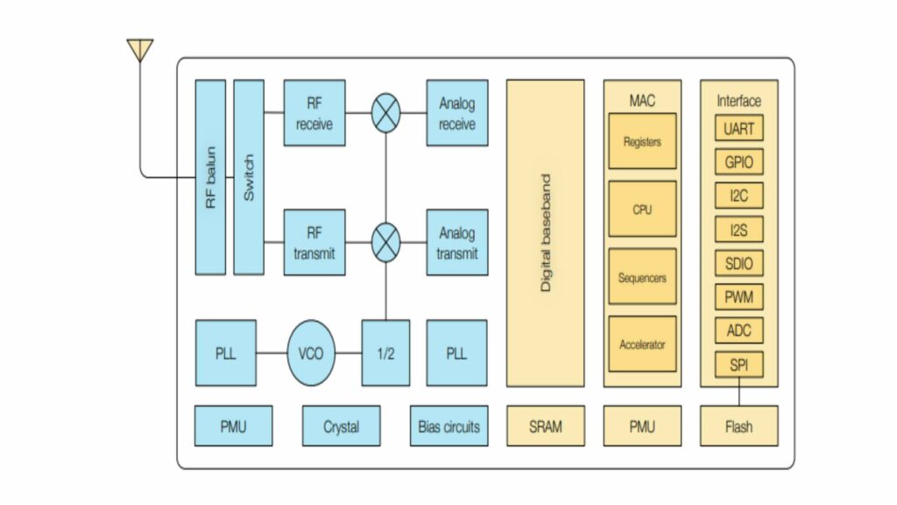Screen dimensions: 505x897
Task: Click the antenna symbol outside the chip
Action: point(140,49)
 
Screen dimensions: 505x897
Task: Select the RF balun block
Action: point(210,177)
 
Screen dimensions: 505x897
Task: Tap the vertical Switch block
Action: point(249,177)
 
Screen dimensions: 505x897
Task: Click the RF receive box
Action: point(314,113)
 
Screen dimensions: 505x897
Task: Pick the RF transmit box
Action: point(314,242)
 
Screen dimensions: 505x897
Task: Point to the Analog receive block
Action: point(456,113)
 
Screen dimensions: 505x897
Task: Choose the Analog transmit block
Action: point(456,242)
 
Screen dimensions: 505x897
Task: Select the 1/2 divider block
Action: point(385,353)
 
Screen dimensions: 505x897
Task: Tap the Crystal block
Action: point(341,426)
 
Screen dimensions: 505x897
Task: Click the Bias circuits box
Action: point(448,426)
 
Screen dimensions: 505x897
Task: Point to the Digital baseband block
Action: point(546,233)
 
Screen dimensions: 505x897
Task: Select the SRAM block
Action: point(546,426)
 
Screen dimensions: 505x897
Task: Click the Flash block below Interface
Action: point(738,426)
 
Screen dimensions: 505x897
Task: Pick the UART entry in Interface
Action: point(738,129)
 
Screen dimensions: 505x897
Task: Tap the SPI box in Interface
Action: point(738,365)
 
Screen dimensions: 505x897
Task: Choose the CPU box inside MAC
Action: point(642,210)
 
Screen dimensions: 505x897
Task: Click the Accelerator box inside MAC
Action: point(642,345)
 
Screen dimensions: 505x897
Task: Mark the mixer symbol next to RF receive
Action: point(385,113)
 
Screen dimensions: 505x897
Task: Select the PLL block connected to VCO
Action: point(225,353)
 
